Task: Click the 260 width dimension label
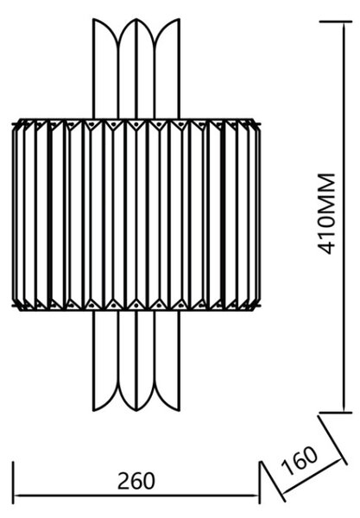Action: point(136,481)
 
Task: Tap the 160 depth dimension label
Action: point(300,460)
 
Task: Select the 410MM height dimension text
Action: point(326,213)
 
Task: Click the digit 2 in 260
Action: point(123,481)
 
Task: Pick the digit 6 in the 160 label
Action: point(300,460)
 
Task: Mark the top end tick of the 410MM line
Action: point(336,22)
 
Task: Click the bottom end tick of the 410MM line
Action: point(336,413)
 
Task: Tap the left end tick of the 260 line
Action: point(13,483)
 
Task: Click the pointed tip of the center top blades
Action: point(136,19)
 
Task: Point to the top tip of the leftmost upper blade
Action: point(94,19)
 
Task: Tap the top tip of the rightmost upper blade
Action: point(179,19)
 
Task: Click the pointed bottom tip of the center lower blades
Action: point(136,410)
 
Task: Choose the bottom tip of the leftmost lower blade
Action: point(94,410)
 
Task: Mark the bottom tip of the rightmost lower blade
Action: point(179,410)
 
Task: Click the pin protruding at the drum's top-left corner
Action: point(14,124)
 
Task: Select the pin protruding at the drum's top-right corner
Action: point(259,124)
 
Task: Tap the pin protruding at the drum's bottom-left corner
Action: point(14,306)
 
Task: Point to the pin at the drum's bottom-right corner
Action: point(259,306)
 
